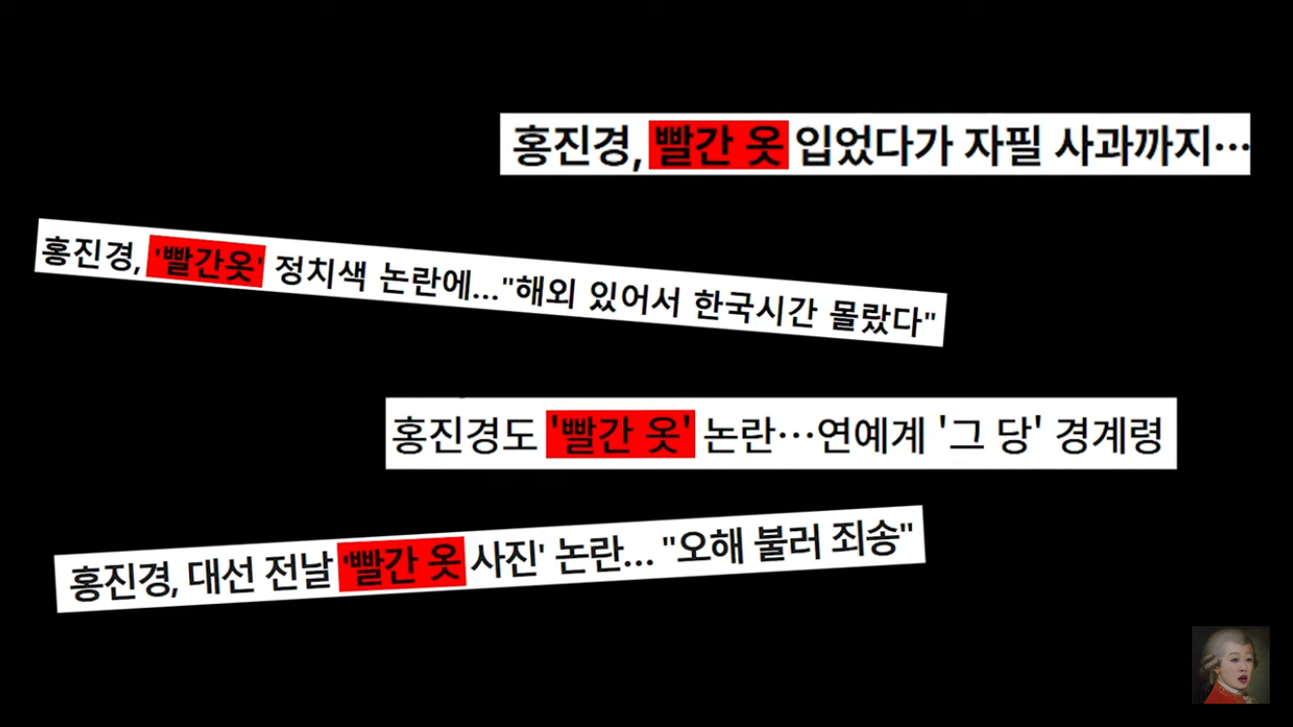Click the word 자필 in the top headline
pos(994,145)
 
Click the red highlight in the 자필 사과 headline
pos(717,145)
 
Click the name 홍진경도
pos(463,433)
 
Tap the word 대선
pos(211,574)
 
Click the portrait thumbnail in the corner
pos(1230,664)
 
